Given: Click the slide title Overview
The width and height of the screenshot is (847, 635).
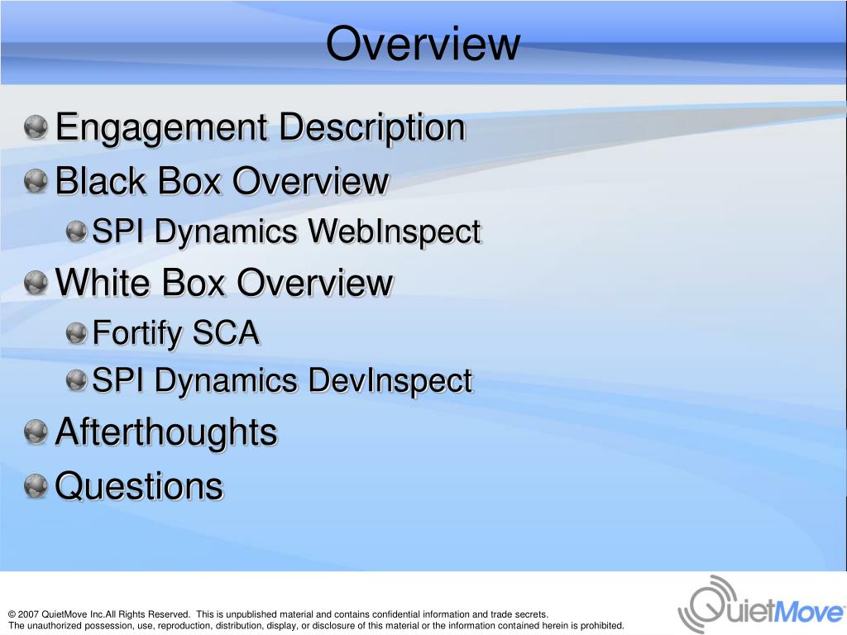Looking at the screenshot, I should [423, 44].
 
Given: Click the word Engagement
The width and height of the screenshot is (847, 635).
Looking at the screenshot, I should [161, 128].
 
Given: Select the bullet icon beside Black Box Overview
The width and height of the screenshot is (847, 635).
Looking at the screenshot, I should [36, 180].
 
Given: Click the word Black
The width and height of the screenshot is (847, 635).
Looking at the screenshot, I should [99, 181].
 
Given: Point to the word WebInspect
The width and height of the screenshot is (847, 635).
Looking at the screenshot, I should [394, 232].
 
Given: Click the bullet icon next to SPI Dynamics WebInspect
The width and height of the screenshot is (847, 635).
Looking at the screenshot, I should [77, 232].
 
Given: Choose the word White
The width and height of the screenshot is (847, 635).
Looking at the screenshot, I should [103, 283].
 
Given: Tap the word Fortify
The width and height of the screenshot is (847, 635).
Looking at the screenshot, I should [137, 334].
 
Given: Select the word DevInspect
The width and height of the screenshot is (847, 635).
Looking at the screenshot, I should [390, 381].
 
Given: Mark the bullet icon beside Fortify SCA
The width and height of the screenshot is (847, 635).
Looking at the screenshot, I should [77, 333].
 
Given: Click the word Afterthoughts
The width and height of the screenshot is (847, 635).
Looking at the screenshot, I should [165, 432].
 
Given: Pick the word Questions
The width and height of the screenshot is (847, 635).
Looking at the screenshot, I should [139, 486].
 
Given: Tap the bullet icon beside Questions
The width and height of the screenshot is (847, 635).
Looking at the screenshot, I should [36, 486].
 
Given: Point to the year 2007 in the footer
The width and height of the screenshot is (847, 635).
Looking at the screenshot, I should [28, 614].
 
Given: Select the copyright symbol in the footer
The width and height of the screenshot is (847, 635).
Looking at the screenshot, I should [12, 614].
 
